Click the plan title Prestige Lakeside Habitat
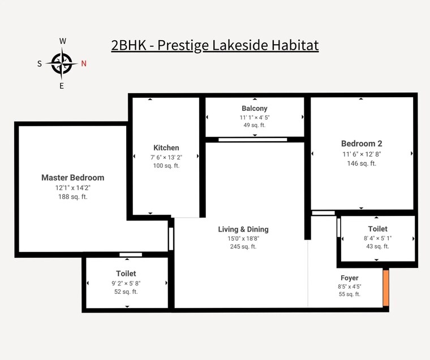tap(215, 45)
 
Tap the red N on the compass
tap(84, 63)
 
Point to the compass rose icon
tap(62, 63)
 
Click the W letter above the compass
tap(63, 41)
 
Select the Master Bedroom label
tap(72, 177)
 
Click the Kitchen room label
tap(166, 148)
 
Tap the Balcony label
tap(255, 109)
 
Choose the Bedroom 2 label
tap(362, 144)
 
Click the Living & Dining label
tap(243, 229)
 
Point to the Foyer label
tap(349, 278)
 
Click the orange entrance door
tap(386, 288)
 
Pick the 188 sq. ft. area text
tap(72, 197)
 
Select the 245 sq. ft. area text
tap(243, 246)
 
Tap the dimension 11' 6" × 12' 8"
tap(362, 154)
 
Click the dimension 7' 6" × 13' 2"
tap(166, 157)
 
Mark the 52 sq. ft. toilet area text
tap(126, 292)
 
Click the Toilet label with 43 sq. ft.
tap(377, 229)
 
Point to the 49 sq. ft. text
tap(255, 125)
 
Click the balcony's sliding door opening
tap(252, 139)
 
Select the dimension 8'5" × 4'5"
tap(349, 287)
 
